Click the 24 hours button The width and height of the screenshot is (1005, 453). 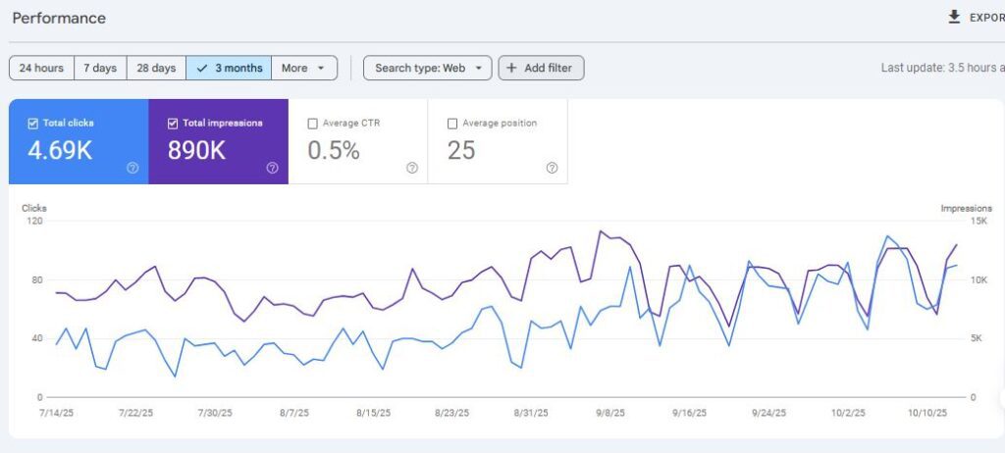pos(41,68)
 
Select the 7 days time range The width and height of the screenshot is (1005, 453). pos(100,68)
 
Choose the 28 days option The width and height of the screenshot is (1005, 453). pos(156,68)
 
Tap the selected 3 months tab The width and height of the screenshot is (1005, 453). pos(229,68)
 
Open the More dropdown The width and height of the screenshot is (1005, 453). pos(303,68)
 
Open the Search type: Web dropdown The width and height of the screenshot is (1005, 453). pos(427,68)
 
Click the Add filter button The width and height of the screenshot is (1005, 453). pos(541,68)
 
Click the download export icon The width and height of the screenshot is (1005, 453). pos(954,18)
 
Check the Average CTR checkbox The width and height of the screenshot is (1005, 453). pos(313,124)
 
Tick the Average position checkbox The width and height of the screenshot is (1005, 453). pos(452,124)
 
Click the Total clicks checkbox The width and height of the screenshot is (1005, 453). pos(33,124)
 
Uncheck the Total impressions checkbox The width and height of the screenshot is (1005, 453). pos(173,124)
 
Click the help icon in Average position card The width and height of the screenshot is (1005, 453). pos(552,168)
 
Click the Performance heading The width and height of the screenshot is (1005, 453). pos(58,18)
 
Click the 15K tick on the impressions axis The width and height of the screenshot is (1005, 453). pos(979,222)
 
